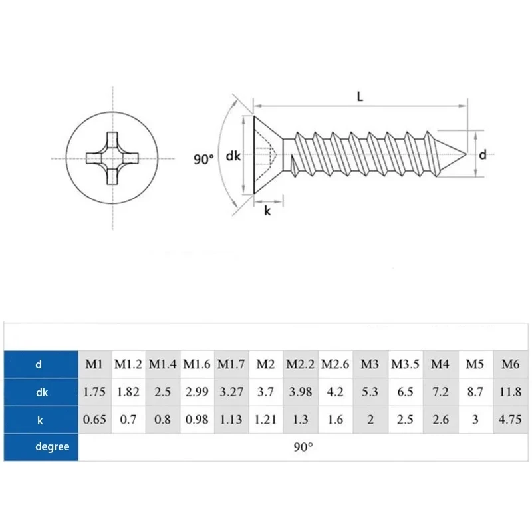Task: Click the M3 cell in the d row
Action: pos(370,364)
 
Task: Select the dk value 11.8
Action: pos(510,392)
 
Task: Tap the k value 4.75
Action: pos(510,420)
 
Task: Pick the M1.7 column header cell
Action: pos(231,364)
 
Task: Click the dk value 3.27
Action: pos(231,392)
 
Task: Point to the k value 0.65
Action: pos(94,420)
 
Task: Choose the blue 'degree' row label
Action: pos(41,446)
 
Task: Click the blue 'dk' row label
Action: pos(41,392)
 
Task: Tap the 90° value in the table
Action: pos(303,446)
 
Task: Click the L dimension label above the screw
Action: pos(360,96)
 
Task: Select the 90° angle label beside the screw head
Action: pos(203,159)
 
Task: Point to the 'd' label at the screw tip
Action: pos(483,155)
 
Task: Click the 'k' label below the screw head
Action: pos(267,211)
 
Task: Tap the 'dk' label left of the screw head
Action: pos(233,156)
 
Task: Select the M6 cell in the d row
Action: pos(510,364)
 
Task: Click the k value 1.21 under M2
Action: pos(265,420)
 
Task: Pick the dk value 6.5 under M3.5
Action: pos(404,392)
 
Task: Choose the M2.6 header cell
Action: pos(335,364)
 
